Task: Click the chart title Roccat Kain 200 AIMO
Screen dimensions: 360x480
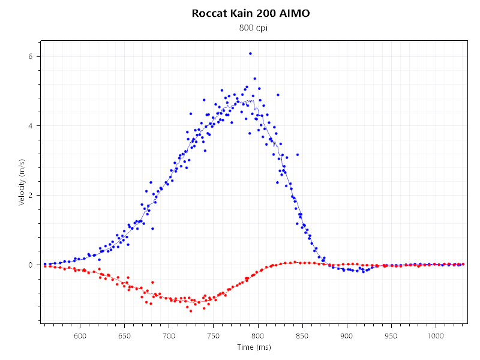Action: click(251, 13)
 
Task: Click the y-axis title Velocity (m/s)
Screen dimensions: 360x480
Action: click(22, 182)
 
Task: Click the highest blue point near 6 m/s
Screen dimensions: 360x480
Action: click(250, 53)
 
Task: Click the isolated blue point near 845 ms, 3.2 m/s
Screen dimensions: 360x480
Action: click(297, 155)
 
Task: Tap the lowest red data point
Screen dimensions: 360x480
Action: click(191, 311)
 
